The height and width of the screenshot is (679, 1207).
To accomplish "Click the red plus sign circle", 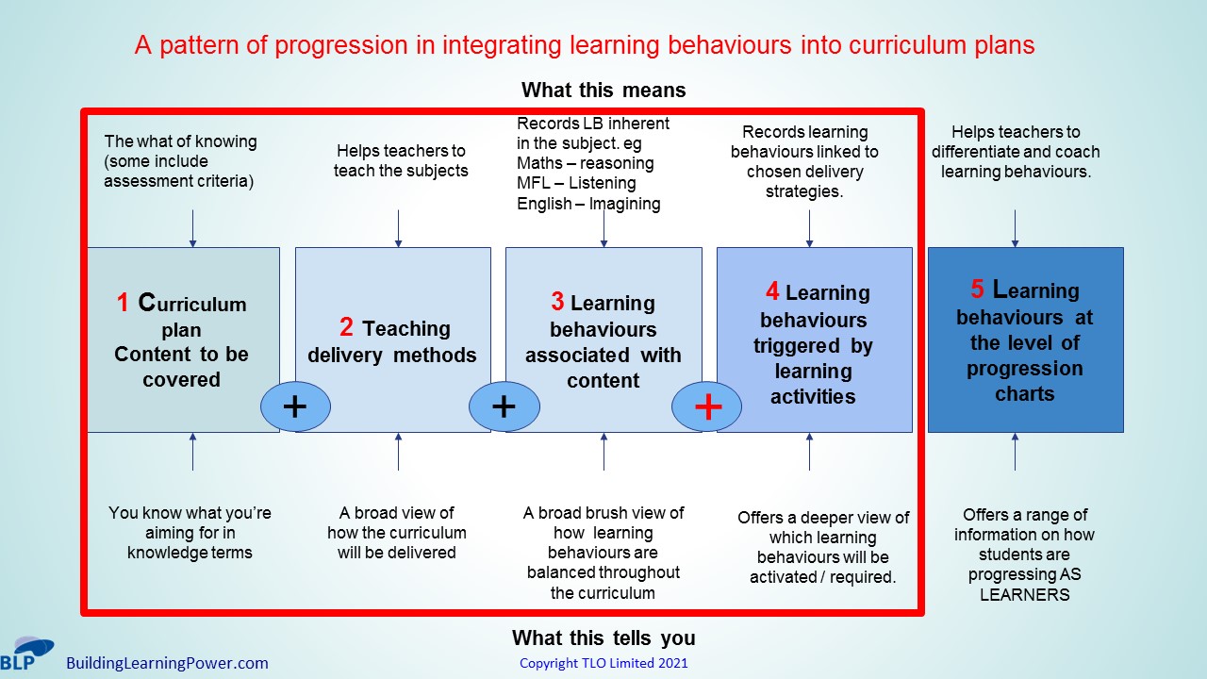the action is tap(706, 406).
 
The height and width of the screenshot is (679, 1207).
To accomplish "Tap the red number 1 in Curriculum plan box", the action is tap(123, 303).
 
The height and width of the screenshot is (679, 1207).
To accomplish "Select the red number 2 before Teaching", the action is tap(346, 327).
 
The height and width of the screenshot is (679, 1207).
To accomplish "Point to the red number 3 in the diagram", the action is tap(557, 301).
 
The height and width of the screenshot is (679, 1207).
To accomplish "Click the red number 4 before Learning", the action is tap(772, 291).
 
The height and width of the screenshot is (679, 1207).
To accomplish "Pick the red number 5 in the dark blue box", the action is tap(978, 289).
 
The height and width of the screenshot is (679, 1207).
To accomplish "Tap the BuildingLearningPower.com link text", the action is tap(167, 663).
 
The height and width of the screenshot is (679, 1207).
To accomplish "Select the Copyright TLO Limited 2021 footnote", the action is tap(603, 663).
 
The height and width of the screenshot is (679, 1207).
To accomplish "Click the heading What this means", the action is tap(603, 90).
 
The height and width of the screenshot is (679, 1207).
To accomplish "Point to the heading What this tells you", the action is tap(603, 638).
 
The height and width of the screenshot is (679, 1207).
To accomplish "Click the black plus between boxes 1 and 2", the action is tap(295, 406).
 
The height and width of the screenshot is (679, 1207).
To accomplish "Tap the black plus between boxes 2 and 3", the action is tap(504, 406).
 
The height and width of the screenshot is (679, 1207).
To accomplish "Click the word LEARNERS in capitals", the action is tap(1024, 595).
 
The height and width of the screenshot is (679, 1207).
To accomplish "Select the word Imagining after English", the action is tap(624, 204).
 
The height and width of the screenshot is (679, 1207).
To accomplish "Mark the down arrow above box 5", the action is tap(1016, 229).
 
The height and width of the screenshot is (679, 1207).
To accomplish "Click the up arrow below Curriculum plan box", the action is tap(193, 452).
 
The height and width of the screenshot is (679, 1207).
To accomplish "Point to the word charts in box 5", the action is tap(1024, 394).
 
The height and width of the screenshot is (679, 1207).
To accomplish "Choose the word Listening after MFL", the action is tap(603, 183).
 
